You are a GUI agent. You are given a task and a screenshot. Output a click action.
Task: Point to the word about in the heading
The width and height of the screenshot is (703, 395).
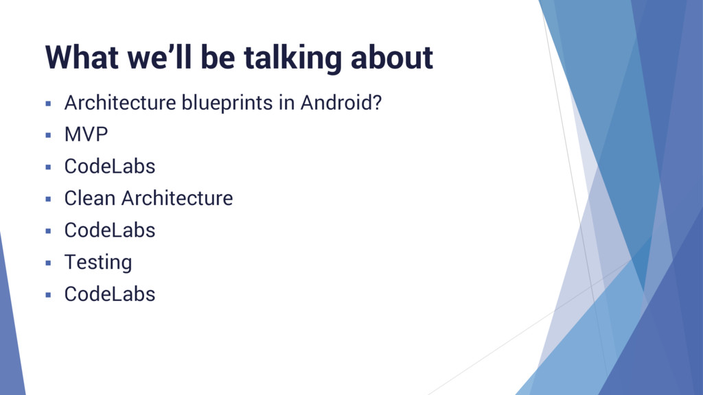[x=392, y=58]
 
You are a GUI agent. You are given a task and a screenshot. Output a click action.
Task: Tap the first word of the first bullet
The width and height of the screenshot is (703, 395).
[x=120, y=104]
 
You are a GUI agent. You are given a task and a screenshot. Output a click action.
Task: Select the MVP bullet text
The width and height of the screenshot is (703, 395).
[x=86, y=135]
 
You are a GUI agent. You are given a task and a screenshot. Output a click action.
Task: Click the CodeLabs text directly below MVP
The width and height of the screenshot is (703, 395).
[x=110, y=167]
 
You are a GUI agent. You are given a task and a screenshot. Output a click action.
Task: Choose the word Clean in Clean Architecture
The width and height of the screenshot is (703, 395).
[x=90, y=199]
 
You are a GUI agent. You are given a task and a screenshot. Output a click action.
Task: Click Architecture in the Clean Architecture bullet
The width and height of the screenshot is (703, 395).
[x=177, y=199]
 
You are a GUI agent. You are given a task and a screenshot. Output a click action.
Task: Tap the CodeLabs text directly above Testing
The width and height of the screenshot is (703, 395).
[x=110, y=230]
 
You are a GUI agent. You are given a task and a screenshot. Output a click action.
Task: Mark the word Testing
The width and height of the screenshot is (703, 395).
[x=98, y=263]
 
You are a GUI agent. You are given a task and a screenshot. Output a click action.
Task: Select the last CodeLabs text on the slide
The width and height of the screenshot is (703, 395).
[x=110, y=294]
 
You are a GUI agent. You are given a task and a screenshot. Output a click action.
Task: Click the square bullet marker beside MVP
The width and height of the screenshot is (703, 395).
[x=48, y=135]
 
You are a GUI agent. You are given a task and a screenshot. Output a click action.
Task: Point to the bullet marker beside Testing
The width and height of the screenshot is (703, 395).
[x=48, y=263]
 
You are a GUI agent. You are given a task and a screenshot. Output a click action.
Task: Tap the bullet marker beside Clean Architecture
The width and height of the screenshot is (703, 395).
[x=48, y=199]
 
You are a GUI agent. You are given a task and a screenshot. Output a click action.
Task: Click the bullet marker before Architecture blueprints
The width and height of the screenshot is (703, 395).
[x=48, y=104]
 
